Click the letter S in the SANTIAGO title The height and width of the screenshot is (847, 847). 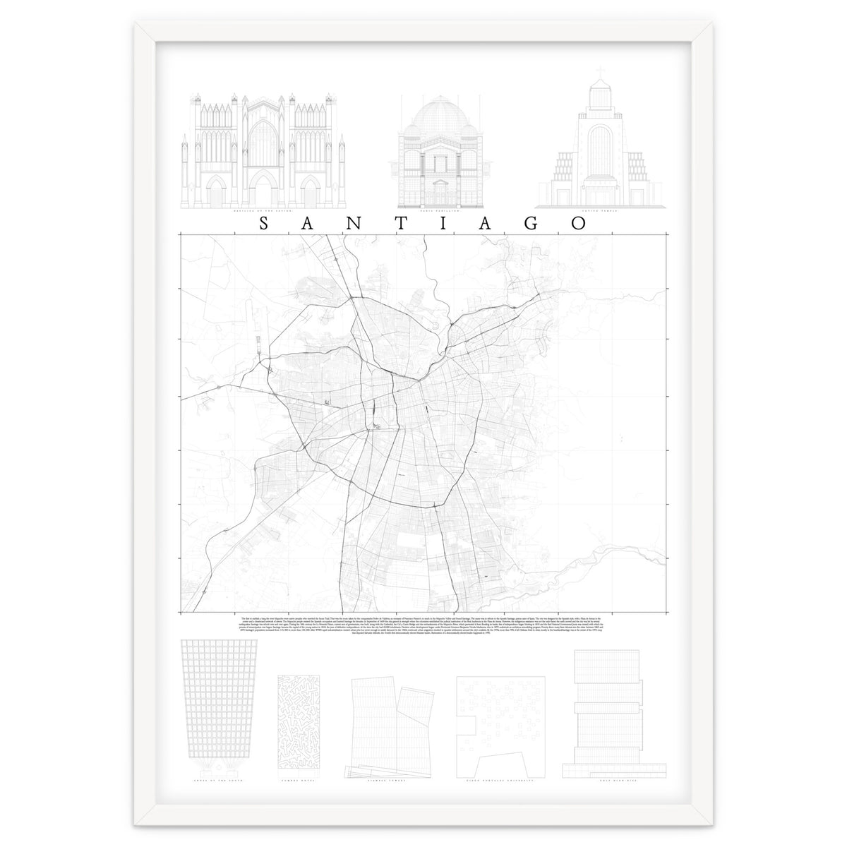pyautogui.click(x=264, y=224)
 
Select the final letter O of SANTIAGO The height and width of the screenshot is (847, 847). pyautogui.click(x=579, y=224)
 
